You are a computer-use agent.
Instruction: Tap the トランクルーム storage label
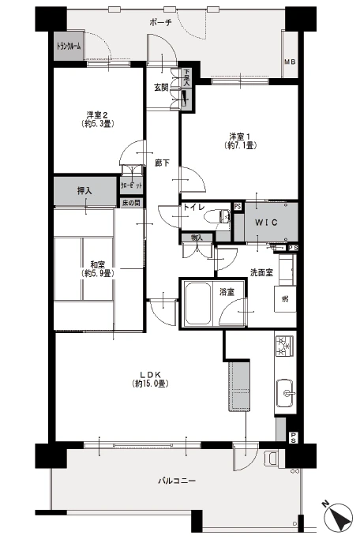point(69,46)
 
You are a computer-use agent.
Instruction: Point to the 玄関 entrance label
point(162,87)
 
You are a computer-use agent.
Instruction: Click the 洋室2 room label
point(97,114)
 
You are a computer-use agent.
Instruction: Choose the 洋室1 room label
point(240,135)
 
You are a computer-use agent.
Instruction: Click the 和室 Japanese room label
point(98,264)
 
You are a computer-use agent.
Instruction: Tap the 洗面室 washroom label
point(262,272)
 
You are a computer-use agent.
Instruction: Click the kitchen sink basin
point(287,390)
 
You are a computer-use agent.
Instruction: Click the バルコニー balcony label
point(176,481)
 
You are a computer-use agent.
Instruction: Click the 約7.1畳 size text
point(240,145)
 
